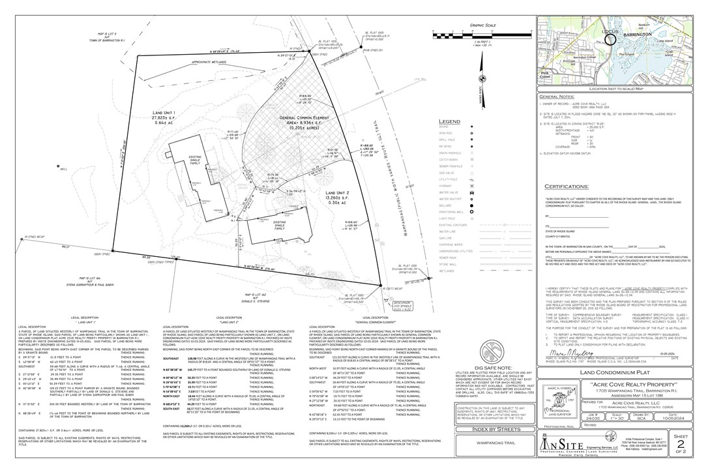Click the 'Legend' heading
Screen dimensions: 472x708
point(450,121)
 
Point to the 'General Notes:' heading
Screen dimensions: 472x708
point(557,96)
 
